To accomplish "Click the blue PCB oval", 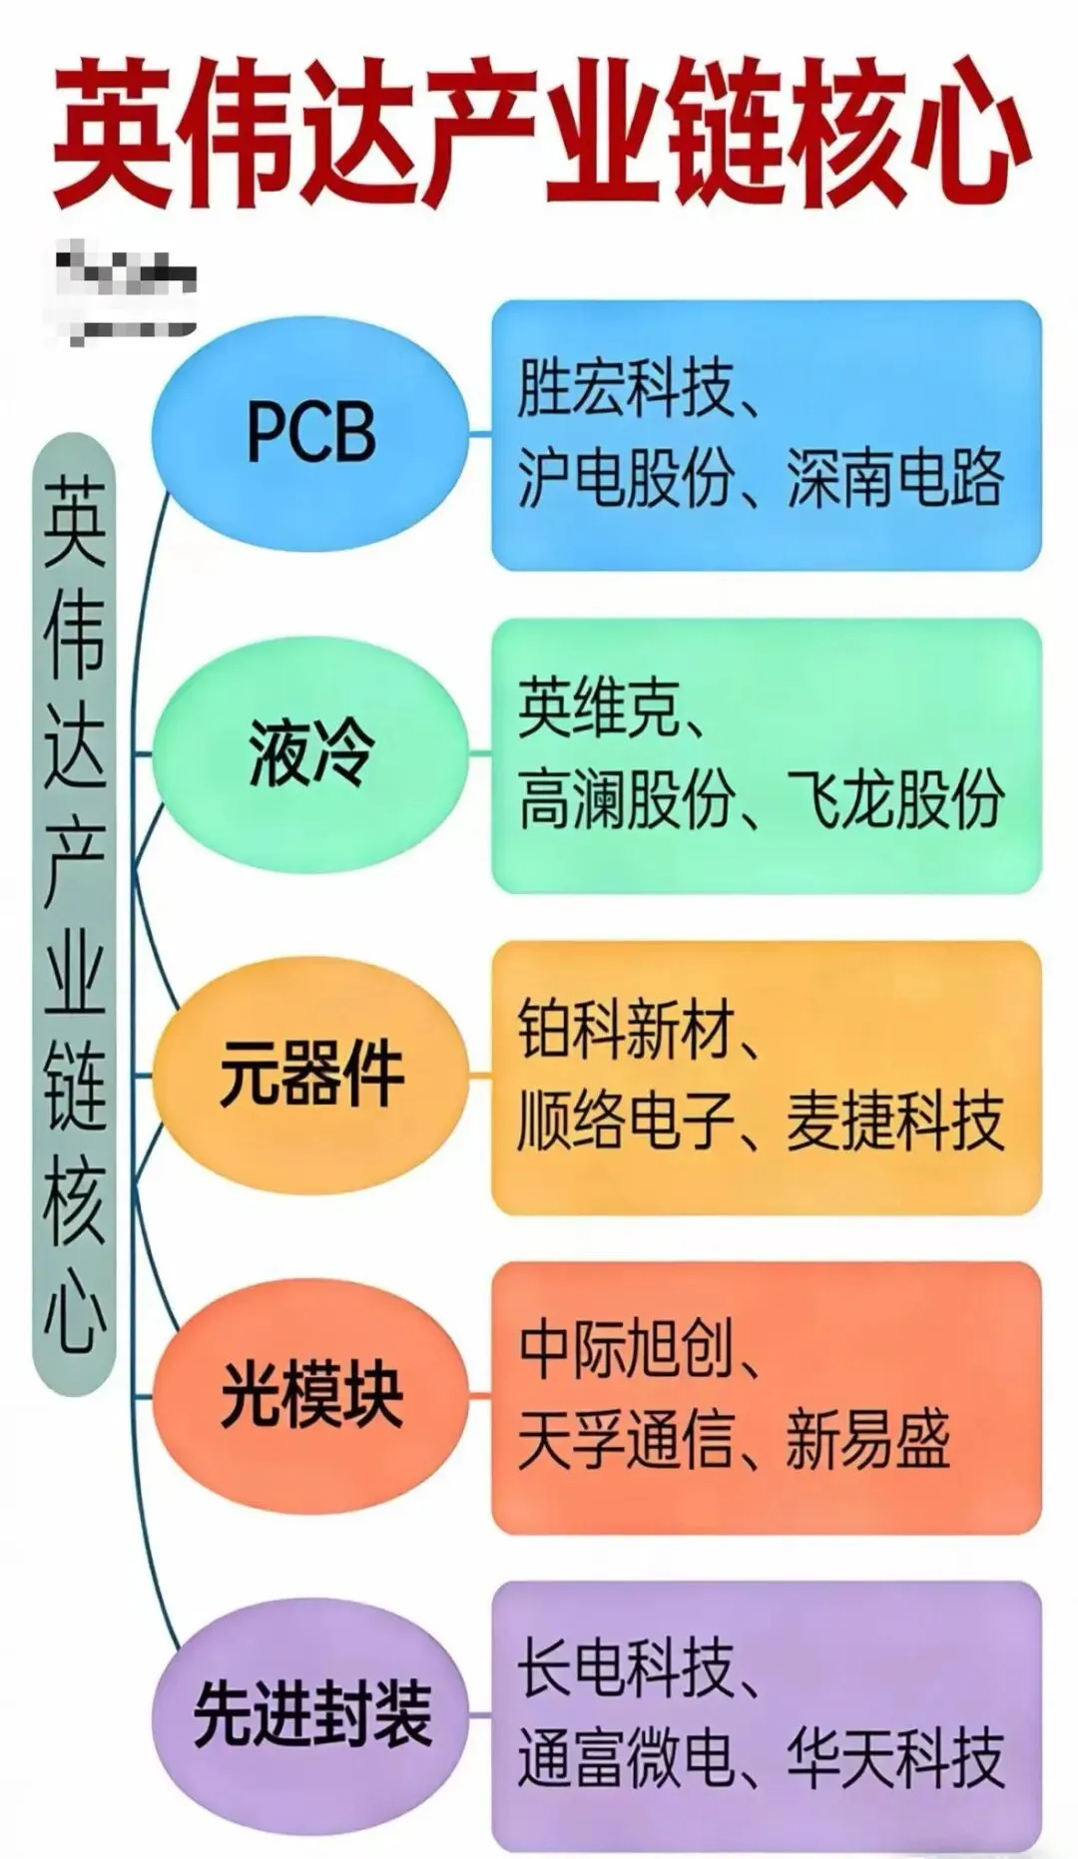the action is pyautogui.click(x=310, y=432).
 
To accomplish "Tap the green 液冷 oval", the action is pyautogui.click(x=310, y=753).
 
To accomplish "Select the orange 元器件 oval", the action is pyautogui.click(x=310, y=1076).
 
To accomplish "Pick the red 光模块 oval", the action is pyautogui.click(x=310, y=1396).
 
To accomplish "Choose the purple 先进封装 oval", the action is pyautogui.click(x=310, y=1715).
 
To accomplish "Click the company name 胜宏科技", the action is pyautogui.click(x=625, y=389).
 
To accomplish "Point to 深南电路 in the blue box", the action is pyautogui.click(x=894, y=478).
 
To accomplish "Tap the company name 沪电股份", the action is pyautogui.click(x=625, y=478).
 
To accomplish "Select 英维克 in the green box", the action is pyautogui.click(x=598, y=709).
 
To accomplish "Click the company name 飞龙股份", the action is pyautogui.click(x=894, y=799).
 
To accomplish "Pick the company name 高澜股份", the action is pyautogui.click(x=625, y=799).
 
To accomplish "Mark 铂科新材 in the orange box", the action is pyautogui.click(x=625, y=1031).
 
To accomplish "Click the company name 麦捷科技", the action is pyautogui.click(x=894, y=1121).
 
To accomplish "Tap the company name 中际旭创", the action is pyautogui.click(x=625, y=1350).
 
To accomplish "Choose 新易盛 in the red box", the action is pyautogui.click(x=867, y=1440).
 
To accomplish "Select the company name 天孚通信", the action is pyautogui.click(x=625, y=1440).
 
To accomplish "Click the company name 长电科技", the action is pyautogui.click(x=625, y=1669).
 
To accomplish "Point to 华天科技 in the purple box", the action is pyautogui.click(x=894, y=1759).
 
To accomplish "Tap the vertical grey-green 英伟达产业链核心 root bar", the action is pyautogui.click(x=74, y=913).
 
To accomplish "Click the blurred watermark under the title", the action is pyautogui.click(x=124, y=290).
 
